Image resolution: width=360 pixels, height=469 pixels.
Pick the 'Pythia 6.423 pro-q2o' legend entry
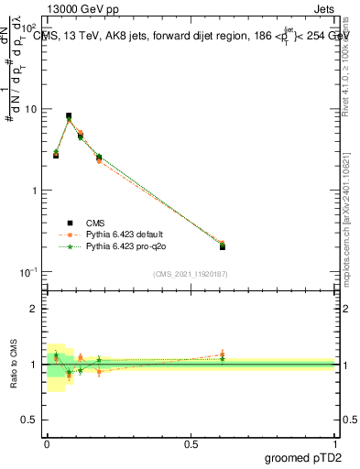[127, 247]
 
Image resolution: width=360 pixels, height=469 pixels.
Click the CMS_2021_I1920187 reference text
[190, 273]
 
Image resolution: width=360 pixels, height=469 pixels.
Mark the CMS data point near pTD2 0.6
[223, 246]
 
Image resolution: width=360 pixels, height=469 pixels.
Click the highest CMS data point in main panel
[69, 116]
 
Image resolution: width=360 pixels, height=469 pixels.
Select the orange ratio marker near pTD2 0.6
[223, 354]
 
